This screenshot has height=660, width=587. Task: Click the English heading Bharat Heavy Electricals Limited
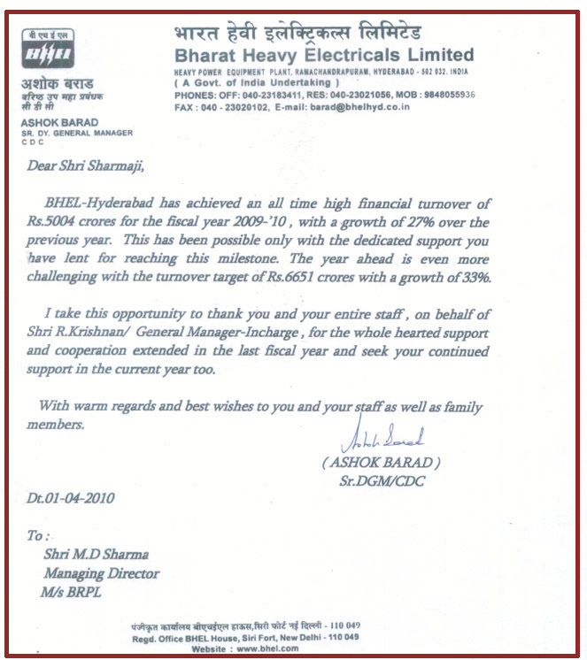pyautogui.click(x=323, y=55)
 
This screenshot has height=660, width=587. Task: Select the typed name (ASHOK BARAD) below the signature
pyautogui.click(x=382, y=463)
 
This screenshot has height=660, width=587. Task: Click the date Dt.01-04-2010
pyautogui.click(x=71, y=498)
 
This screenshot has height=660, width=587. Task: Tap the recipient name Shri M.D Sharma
pyautogui.click(x=96, y=555)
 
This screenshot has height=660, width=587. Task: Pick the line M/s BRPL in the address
pyautogui.click(x=73, y=591)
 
